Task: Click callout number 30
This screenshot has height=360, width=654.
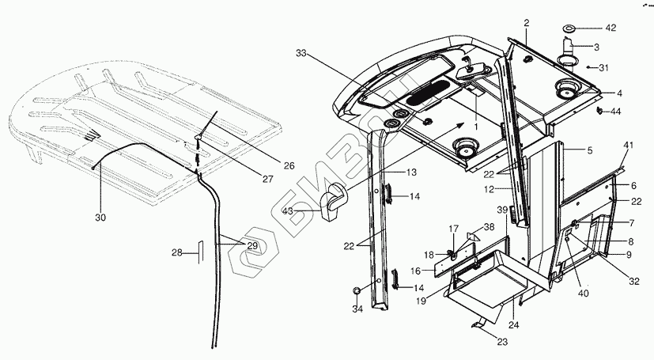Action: [99, 216]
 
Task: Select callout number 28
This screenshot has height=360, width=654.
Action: [178, 253]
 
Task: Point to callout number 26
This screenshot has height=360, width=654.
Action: [289, 165]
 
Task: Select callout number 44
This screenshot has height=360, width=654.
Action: [616, 112]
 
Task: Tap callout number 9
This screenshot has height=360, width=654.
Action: [629, 255]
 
